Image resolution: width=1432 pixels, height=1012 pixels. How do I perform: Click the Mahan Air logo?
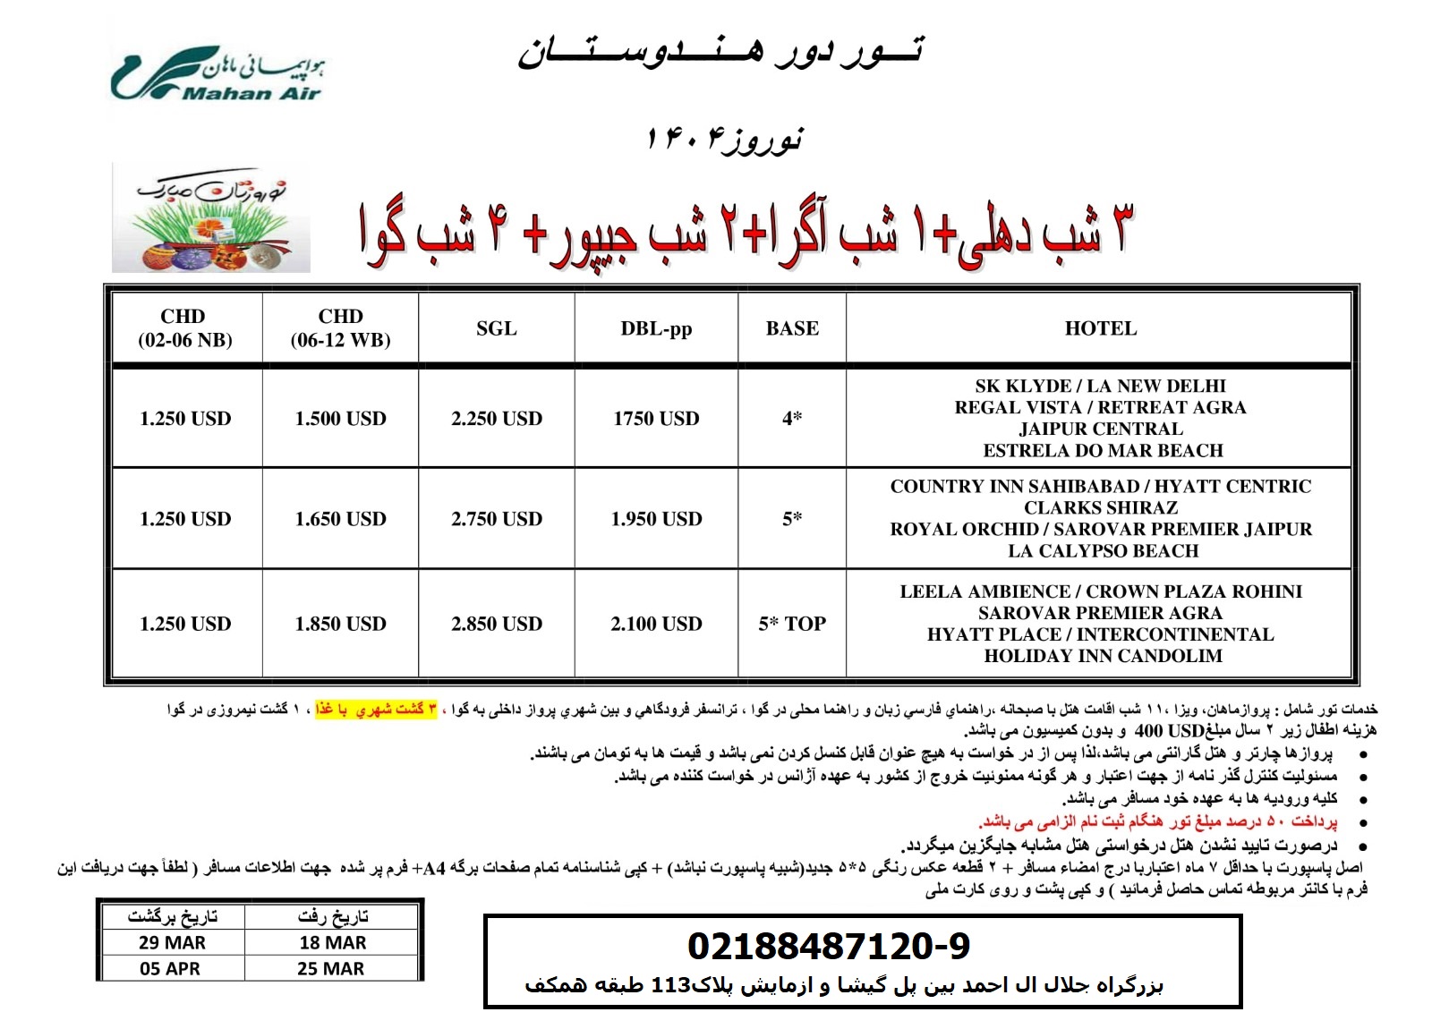217,75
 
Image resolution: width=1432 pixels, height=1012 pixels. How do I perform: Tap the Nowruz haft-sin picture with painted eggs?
211,218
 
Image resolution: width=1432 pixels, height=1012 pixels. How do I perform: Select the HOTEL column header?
1100,328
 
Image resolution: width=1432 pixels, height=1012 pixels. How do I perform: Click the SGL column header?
497,328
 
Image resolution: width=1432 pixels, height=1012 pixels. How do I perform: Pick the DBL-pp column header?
656,328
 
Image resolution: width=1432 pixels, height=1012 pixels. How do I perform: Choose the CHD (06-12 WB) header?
341,328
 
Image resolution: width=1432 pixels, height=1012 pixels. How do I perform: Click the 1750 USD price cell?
656,418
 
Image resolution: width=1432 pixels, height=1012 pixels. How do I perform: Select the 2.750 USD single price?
497,519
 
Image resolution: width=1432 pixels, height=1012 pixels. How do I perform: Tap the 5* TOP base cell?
792,624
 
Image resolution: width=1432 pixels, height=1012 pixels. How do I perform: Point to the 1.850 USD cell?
341,624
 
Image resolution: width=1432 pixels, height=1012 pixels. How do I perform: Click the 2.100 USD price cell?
656,624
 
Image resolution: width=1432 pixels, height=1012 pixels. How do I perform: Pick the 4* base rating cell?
792,418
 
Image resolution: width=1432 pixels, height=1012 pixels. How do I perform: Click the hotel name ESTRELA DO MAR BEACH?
1103,451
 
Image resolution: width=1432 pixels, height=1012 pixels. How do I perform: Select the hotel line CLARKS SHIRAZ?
1101,508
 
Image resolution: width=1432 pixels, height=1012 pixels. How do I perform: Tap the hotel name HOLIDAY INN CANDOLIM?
1103,656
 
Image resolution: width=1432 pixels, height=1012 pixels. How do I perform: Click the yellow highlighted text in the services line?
376,710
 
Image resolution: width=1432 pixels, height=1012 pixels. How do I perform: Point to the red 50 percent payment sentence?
1158,821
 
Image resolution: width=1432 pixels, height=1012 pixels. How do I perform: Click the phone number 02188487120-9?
829,946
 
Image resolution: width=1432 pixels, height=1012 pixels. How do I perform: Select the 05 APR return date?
170,968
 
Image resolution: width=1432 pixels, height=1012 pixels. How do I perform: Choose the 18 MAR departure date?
333,942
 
